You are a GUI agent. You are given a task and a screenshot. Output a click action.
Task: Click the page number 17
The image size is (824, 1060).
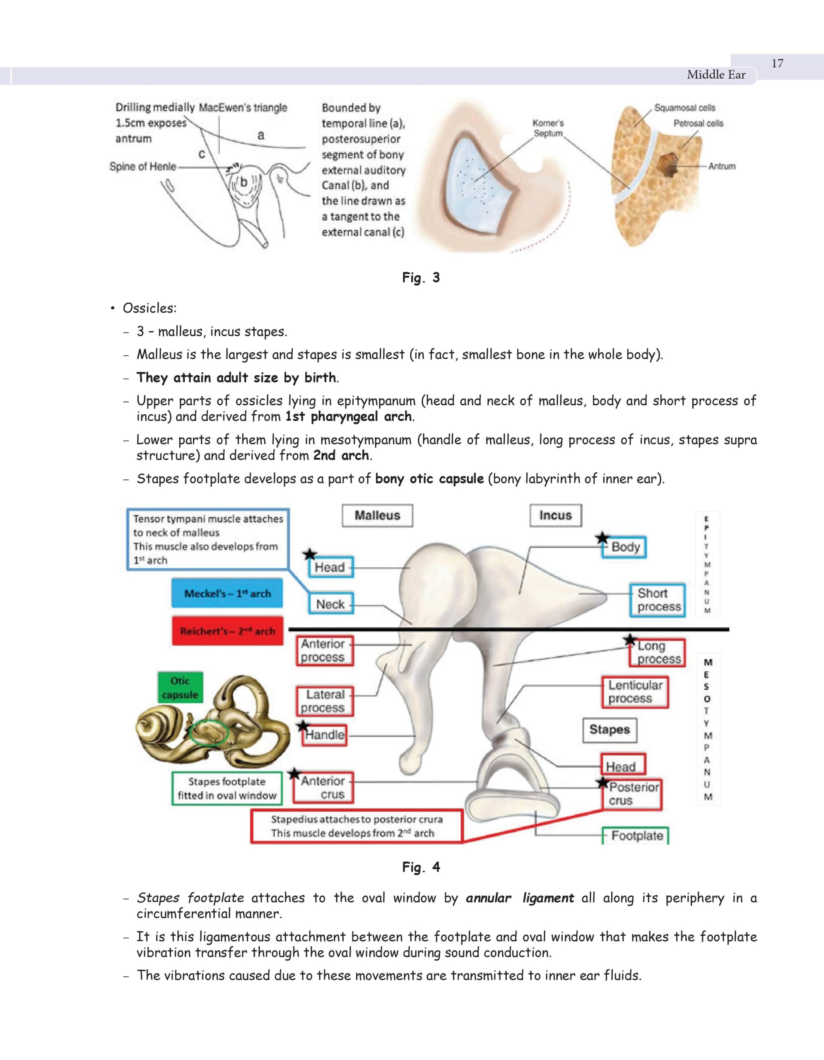777,64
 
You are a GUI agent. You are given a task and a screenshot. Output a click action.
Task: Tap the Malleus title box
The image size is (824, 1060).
377,516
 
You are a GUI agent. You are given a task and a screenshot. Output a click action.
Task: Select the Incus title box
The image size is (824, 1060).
555,516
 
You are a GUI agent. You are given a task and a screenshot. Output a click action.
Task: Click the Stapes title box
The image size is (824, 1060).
609,730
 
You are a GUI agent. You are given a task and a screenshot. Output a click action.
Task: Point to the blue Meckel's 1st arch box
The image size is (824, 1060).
227,593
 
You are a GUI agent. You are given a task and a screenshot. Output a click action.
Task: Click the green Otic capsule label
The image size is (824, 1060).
180,688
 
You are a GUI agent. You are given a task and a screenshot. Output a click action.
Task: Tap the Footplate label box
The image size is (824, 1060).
636,836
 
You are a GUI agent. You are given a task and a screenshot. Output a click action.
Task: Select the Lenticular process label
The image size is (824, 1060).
635,691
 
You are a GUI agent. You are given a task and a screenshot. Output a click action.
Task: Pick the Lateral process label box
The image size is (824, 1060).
324,701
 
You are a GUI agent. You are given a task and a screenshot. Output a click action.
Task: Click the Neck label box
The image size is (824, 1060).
330,604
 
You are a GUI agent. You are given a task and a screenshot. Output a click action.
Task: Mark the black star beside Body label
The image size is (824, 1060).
602,538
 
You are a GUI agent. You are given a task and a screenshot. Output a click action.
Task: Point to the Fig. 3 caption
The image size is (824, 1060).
421,277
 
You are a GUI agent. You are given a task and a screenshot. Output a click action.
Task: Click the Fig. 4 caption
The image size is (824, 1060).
421,867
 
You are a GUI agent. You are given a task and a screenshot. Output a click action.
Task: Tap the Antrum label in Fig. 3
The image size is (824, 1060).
722,166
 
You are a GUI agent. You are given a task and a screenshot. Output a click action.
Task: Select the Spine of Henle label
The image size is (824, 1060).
143,166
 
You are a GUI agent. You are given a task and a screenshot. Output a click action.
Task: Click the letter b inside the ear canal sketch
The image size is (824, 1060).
243,182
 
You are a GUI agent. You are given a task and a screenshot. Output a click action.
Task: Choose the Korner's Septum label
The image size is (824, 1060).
548,128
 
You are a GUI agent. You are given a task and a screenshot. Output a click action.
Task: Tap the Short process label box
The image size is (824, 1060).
658,600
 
